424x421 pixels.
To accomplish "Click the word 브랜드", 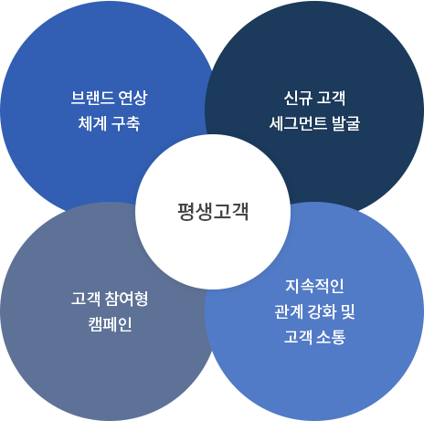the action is coord(92,98).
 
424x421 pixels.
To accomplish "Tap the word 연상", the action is coord(133,98).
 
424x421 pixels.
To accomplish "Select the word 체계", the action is coord(92,123).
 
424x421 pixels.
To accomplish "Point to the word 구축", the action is coord(125,123).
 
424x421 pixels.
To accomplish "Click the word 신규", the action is coord(298,98).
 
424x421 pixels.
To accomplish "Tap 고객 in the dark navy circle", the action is coord(332,98).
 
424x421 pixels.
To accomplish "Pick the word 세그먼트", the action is coord(298,123).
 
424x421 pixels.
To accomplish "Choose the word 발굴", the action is coord(346,123).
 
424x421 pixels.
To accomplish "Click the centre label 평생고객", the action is coord(213,211).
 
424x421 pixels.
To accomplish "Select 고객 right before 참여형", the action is coord(85,299).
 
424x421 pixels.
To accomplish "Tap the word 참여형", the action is coord(126,299).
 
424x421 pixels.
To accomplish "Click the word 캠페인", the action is coord(110,324).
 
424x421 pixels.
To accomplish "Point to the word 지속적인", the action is coord(314,286).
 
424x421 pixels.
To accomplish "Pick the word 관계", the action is coord(289,311).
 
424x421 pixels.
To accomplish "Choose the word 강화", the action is coord(323,311).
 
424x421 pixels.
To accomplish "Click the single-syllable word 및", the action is coord(348,311).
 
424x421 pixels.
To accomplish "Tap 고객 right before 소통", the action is coord(298,337).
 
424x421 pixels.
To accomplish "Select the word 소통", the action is coord(332,337).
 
